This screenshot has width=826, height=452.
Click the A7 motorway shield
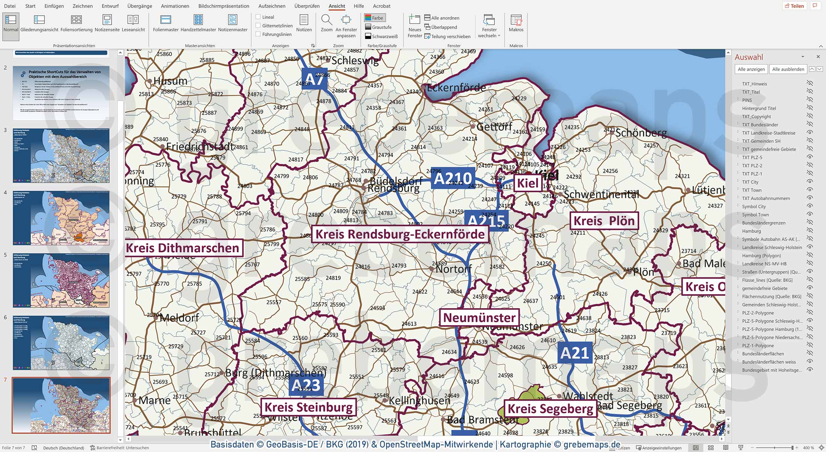(315, 79)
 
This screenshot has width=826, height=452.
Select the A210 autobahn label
(452, 178)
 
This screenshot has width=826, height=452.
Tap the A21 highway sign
(574, 353)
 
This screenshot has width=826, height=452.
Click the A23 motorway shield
(306, 385)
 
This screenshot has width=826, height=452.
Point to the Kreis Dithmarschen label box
(183, 248)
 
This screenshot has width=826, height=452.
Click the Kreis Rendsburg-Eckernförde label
(400, 234)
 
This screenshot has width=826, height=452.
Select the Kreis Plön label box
(604, 221)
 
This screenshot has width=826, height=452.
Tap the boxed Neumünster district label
(479, 318)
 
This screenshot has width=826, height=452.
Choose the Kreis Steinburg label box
(309, 407)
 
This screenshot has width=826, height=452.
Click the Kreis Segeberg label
(550, 409)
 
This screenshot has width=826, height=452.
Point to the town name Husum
(170, 81)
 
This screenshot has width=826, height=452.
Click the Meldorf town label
(179, 318)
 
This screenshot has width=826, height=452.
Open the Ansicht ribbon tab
(336, 6)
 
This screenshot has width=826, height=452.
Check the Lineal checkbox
(258, 17)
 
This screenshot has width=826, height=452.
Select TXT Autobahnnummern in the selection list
(766, 198)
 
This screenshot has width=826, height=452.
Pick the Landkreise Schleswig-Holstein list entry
(772, 247)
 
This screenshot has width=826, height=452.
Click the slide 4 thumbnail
(61, 218)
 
